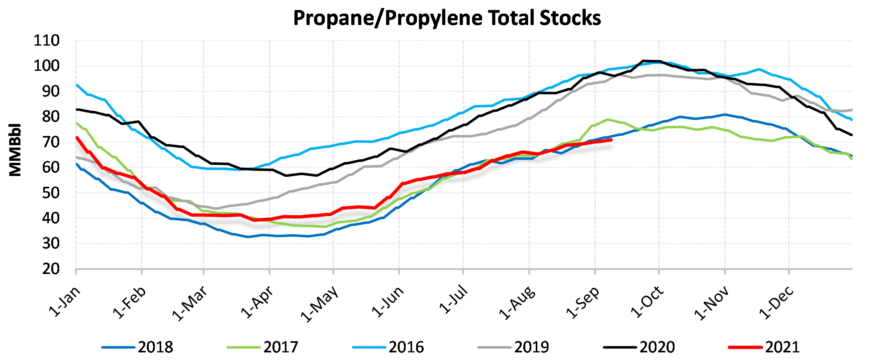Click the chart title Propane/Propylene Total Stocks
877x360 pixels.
click(447, 18)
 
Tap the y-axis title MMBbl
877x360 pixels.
click(15, 150)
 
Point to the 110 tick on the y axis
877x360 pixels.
click(46, 41)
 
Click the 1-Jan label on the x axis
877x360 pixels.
click(65, 302)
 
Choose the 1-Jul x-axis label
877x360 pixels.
click(453, 300)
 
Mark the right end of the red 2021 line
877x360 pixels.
click(611, 140)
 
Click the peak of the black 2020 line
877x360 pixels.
click(643, 61)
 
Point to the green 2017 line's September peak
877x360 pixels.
click(607, 119)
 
